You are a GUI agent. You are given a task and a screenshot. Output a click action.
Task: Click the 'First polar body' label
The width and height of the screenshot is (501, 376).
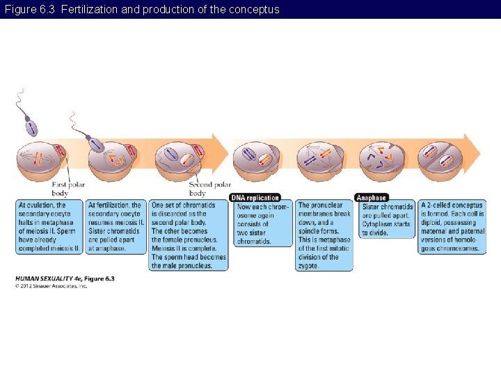coord(68,189)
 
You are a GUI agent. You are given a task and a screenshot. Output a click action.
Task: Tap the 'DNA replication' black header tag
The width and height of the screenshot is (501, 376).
coord(255,198)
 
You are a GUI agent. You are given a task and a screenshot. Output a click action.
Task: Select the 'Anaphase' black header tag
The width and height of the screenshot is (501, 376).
coord(371,198)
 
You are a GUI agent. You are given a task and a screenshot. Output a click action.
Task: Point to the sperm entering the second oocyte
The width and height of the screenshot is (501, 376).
coord(95,145)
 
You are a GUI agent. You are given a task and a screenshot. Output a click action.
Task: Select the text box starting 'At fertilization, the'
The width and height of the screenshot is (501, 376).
coord(116,226)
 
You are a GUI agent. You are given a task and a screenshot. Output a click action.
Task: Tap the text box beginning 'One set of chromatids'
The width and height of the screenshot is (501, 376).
coord(188,235)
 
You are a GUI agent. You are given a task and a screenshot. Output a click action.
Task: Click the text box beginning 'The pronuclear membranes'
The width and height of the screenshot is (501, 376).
coord(324,235)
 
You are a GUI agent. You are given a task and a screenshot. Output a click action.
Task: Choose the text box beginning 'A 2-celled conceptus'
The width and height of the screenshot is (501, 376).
coord(452,226)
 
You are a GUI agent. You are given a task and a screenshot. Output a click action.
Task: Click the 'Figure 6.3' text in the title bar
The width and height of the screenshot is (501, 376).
coord(29,9)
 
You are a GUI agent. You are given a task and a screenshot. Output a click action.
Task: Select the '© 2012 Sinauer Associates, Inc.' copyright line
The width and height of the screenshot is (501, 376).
coord(51,285)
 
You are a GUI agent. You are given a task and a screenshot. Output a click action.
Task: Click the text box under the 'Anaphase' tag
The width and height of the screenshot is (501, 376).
coord(387,220)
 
